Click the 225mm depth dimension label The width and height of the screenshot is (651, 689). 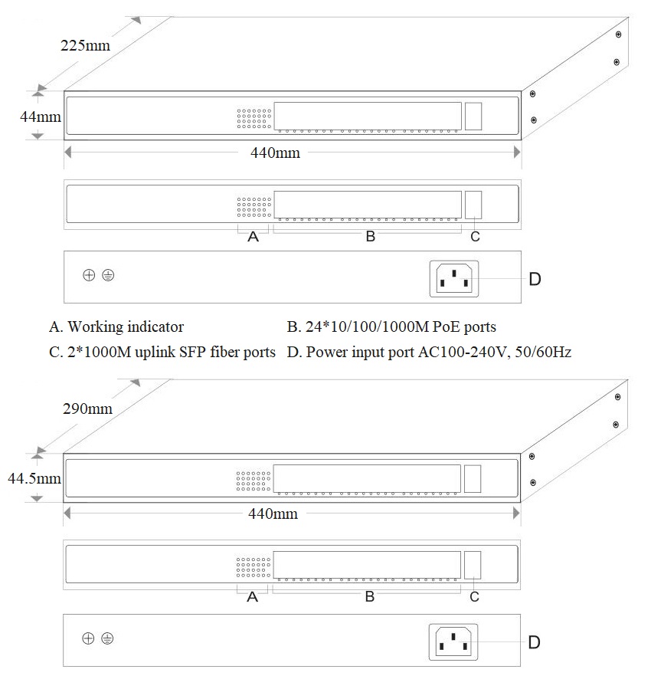(85, 45)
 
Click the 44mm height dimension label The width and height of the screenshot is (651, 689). (40, 117)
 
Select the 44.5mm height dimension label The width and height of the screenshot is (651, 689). (34, 479)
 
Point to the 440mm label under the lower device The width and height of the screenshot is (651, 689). (273, 513)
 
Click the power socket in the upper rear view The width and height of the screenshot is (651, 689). (455, 278)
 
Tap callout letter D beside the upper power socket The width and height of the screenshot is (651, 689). (535, 279)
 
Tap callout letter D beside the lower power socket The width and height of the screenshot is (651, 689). (535, 641)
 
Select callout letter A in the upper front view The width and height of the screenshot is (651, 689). (254, 238)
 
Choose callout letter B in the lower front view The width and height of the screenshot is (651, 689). (369, 596)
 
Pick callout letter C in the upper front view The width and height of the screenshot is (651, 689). (475, 237)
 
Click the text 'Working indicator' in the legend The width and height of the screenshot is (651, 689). (126, 327)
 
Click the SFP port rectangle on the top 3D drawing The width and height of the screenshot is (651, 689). (474, 116)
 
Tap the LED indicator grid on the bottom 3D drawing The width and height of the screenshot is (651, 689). (253, 481)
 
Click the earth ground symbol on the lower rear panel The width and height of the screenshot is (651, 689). (107, 638)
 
